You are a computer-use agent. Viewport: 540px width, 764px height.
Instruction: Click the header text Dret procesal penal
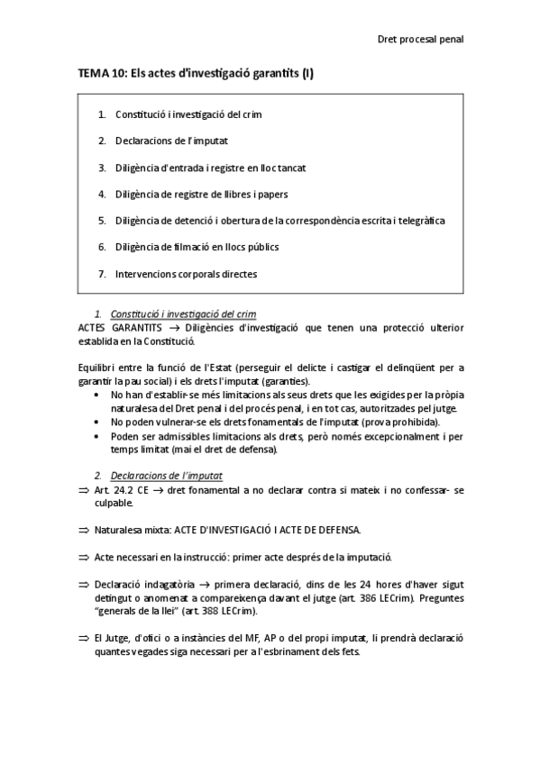419,39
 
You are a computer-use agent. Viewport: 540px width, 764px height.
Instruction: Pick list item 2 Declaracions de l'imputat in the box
171,141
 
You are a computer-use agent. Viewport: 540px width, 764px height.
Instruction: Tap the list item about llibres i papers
215,194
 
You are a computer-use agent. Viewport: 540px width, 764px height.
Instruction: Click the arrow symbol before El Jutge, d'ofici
85,638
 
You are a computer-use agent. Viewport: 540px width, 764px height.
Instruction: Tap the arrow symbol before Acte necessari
85,558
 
